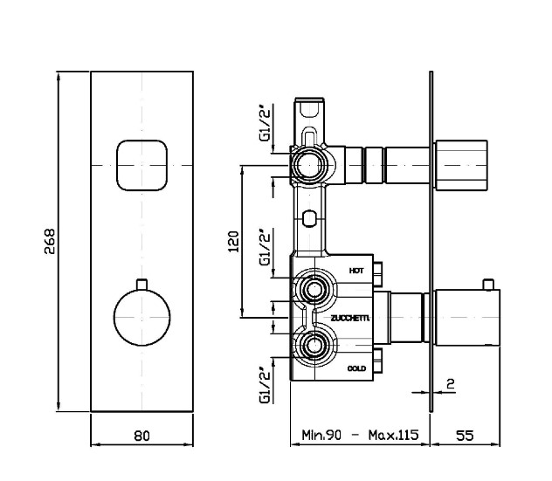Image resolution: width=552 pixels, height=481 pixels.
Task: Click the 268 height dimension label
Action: [50, 242]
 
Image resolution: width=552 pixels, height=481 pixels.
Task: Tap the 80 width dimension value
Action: [141, 436]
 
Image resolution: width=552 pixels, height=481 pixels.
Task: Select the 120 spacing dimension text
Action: [234, 242]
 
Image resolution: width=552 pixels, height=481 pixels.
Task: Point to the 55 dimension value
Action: [465, 436]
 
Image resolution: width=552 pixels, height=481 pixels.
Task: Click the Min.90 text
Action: [321, 435]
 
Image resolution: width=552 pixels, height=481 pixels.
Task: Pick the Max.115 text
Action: [394, 435]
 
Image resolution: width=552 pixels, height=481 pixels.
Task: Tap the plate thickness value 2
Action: [451, 383]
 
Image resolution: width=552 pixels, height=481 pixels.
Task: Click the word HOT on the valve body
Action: [356, 271]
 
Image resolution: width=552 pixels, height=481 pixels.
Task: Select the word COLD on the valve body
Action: [356, 368]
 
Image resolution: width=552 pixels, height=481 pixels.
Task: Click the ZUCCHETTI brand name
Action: [350, 319]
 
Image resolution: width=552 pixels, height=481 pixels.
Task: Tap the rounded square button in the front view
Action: [141, 165]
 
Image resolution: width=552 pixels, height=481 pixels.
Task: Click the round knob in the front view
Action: [141, 318]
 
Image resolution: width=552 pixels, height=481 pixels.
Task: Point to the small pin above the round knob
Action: [141, 285]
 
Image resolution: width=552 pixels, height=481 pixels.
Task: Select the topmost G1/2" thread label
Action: [266, 123]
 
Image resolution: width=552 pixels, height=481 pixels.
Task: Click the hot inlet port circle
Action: [313, 289]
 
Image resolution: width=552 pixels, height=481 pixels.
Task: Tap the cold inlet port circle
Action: [313, 346]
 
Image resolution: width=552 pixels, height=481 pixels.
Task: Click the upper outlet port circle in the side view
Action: [308, 165]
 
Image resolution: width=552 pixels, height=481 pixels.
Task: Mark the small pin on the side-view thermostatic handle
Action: [488, 285]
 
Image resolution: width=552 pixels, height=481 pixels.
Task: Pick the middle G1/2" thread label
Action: [266, 247]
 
